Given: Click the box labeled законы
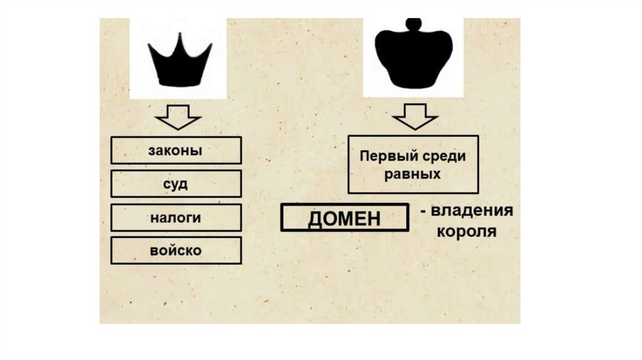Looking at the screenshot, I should click(x=176, y=151).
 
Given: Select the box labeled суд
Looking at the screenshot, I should click(x=176, y=184).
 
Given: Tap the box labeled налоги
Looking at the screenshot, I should click(x=176, y=217).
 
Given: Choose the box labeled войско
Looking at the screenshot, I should click(x=176, y=250).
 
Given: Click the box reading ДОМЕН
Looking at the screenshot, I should click(x=344, y=219).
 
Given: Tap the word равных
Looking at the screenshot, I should click(x=413, y=174).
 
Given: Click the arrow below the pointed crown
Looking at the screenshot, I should click(x=177, y=118).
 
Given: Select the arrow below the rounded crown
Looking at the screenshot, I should click(x=414, y=118).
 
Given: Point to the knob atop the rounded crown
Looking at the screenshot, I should click(x=413, y=24).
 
